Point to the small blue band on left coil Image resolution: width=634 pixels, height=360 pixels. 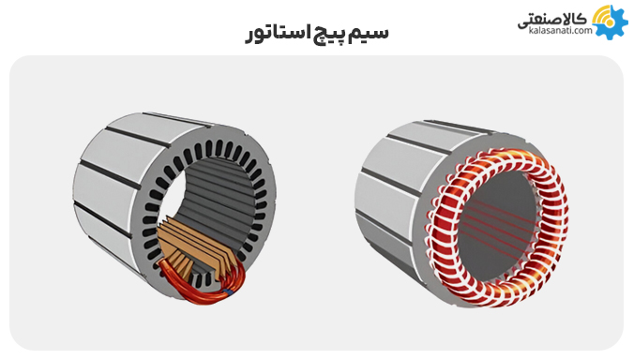click(228, 292)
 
